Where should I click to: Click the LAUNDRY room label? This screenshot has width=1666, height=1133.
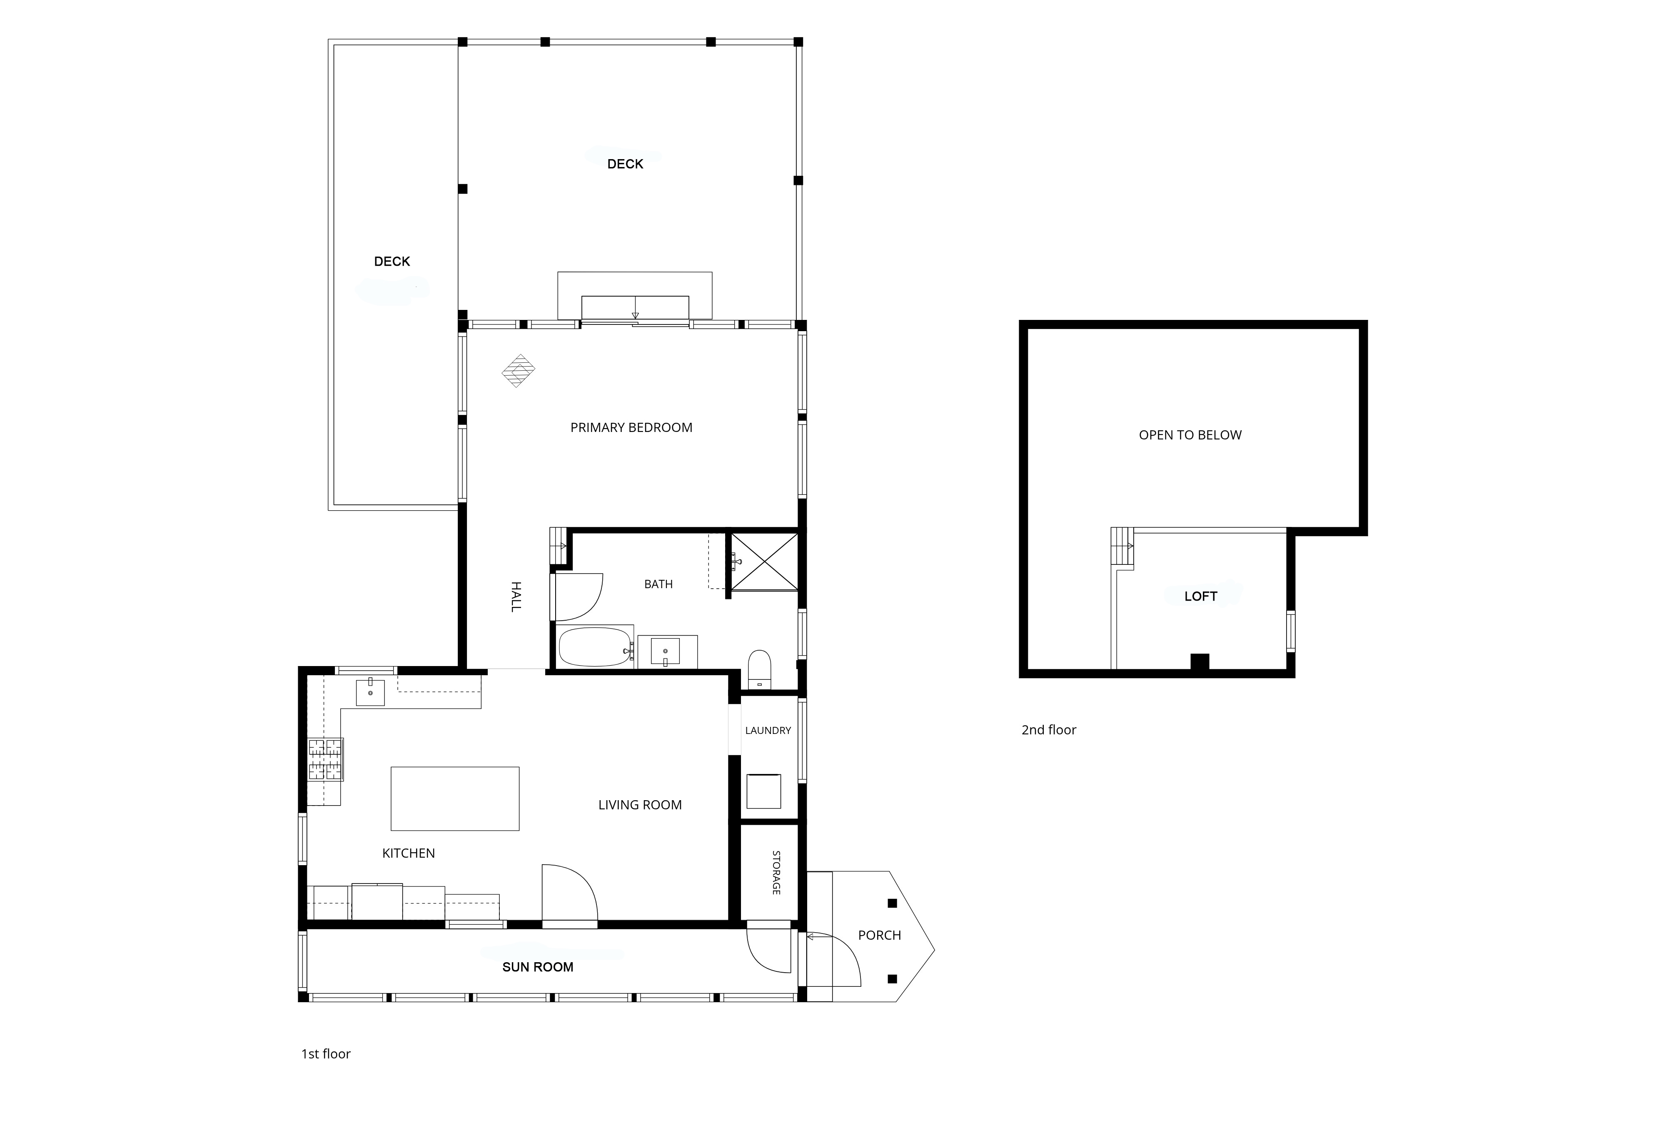pos(768,731)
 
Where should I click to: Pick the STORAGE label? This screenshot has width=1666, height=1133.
pos(776,873)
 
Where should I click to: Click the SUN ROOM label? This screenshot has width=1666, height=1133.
pos(538,967)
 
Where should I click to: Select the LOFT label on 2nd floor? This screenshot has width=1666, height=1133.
pos(1201,596)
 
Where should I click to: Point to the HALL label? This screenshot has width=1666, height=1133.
pos(516,596)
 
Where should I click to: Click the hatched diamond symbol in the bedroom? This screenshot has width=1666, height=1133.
pos(518,371)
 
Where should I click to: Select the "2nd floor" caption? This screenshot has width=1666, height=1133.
pos(1049,730)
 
